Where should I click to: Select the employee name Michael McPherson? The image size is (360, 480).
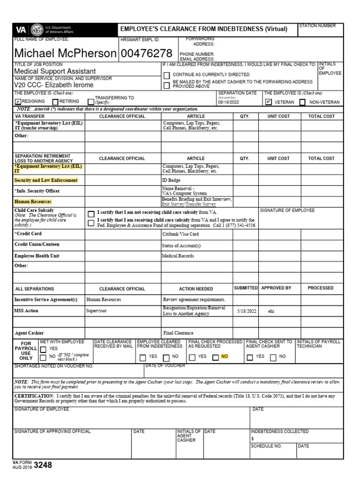(65, 53)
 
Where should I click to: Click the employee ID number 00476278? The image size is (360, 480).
(146, 53)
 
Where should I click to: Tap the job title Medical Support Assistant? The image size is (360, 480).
(55, 71)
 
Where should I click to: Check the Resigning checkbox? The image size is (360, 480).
(18, 101)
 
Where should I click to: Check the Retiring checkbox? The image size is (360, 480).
(55, 101)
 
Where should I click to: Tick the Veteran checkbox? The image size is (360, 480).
(268, 101)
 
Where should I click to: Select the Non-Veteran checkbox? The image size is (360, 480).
(302, 102)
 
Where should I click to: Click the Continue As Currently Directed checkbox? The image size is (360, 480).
(166, 75)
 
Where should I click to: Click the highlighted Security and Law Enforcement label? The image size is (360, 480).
(46, 180)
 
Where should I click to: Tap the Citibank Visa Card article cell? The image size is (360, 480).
(180, 234)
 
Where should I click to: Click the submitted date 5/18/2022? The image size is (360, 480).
(246, 311)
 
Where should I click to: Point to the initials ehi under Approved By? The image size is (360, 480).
(271, 311)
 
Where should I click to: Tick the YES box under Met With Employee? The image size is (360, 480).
(43, 349)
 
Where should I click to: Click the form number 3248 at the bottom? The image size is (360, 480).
(43, 465)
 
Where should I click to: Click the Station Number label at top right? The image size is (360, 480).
(317, 26)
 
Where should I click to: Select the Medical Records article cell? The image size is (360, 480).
(178, 256)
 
